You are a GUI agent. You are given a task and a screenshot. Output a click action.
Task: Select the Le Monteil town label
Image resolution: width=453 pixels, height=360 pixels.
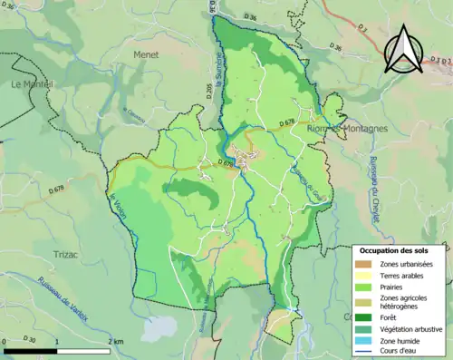(x=33, y=83)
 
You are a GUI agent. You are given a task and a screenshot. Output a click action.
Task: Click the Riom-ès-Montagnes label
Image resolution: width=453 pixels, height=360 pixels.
(x=348, y=129)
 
